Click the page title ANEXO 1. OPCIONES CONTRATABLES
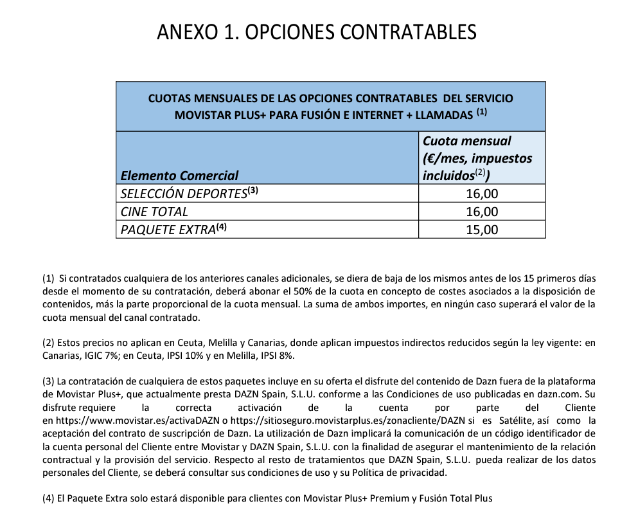pyautogui.click(x=317, y=32)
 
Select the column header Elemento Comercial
pyautogui.click(x=179, y=176)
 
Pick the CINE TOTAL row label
pyautogui.click(x=154, y=212)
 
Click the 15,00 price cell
pyautogui.click(x=482, y=230)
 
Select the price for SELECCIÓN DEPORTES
pyautogui.click(x=482, y=194)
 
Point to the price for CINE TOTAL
pyautogui.click(x=482, y=212)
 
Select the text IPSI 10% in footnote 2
pyautogui.click(x=184, y=356)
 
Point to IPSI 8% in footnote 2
pyautogui.click(x=279, y=356)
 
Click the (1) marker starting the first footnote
pyautogui.click(x=48, y=278)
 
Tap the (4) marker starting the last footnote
pyautogui.click(x=48, y=498)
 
